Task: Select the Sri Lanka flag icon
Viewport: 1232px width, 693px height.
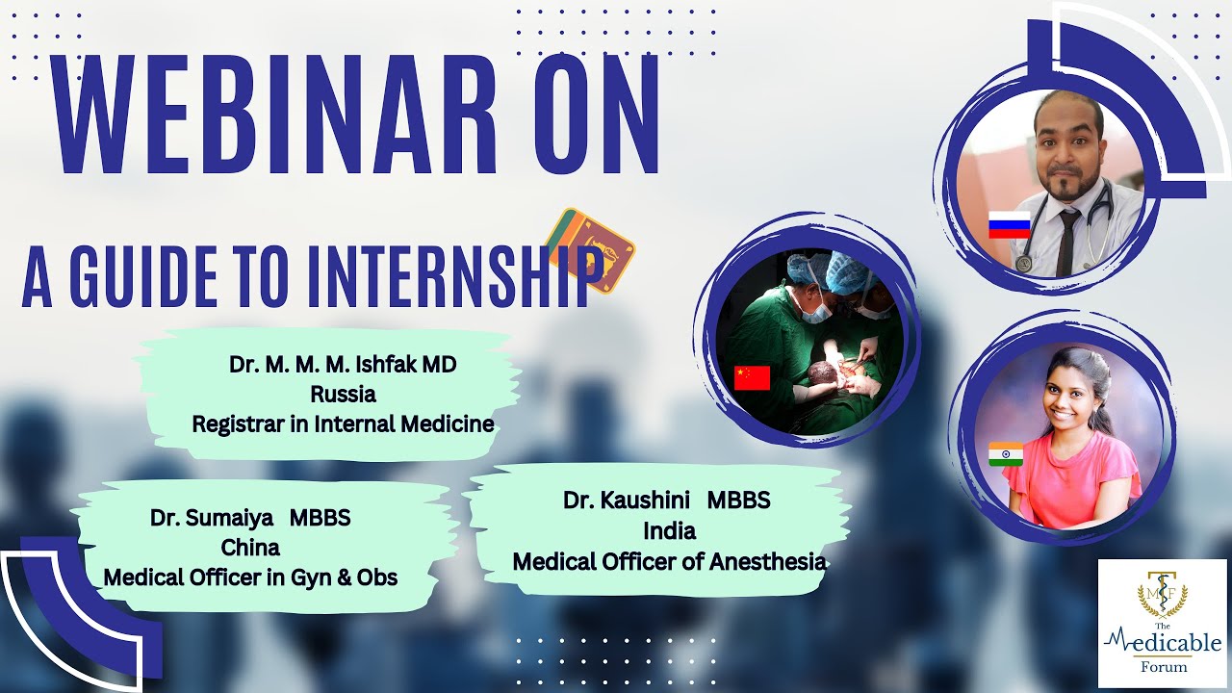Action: [x=591, y=250]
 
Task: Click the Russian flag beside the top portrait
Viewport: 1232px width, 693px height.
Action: [x=1010, y=224]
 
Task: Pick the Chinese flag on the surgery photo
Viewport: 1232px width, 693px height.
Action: [x=752, y=378]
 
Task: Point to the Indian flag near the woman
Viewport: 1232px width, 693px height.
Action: [x=1006, y=453]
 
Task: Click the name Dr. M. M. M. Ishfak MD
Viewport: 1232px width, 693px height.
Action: [x=343, y=364]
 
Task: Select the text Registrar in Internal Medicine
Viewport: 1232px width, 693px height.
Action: [x=343, y=424]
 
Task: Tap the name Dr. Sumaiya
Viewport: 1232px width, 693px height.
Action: [x=212, y=518]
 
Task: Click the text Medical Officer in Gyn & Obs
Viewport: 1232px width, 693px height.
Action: [x=250, y=577]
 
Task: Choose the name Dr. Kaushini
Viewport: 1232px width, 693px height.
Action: [x=626, y=500]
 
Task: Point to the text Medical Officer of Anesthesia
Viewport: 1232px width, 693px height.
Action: [x=669, y=561]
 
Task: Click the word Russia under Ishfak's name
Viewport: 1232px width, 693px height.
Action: [x=344, y=394]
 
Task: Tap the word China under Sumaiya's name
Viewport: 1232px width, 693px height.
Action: [x=250, y=548]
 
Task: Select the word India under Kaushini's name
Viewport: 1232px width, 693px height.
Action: [x=669, y=530]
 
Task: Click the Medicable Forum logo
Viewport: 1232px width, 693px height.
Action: [x=1162, y=623]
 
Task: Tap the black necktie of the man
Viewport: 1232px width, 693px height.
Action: [x=1067, y=241]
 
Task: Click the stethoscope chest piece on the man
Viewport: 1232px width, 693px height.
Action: [x=1023, y=264]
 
